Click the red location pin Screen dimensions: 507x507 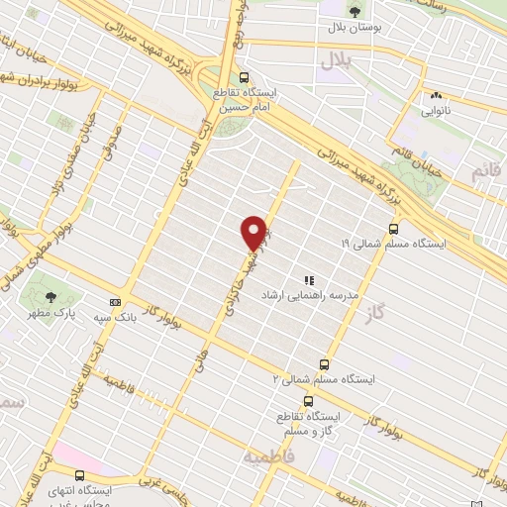254,232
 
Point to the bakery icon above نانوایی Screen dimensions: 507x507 436,96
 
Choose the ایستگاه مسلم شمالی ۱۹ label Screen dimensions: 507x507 395,244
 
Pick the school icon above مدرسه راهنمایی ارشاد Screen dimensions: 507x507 308,281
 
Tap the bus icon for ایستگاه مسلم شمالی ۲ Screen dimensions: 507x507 323,363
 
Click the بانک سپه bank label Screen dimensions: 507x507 115,319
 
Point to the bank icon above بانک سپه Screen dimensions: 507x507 115,302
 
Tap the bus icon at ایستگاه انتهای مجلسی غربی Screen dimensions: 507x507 79,475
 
